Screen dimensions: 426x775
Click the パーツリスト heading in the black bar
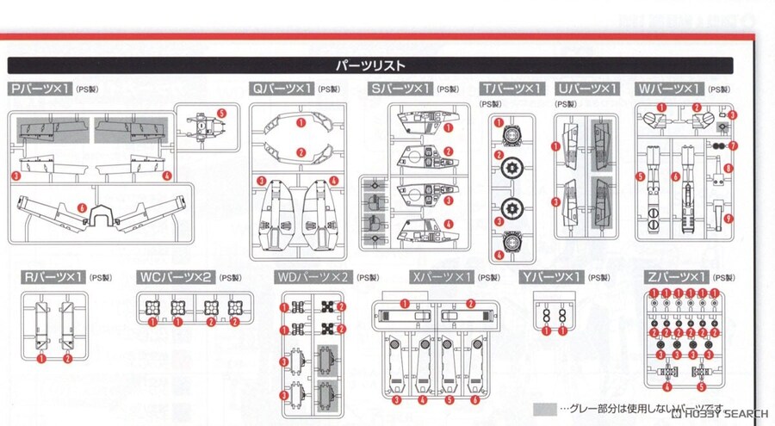coord(370,65)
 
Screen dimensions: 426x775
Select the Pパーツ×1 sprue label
coord(40,90)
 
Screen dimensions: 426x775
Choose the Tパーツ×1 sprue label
coord(512,90)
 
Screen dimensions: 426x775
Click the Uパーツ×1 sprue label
coord(587,90)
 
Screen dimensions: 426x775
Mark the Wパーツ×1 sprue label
coord(669,90)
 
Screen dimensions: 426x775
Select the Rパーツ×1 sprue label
coord(53,277)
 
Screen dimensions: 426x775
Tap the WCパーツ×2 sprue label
coord(175,277)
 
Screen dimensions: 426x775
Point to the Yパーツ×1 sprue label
coord(551,277)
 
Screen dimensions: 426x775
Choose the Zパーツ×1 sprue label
coord(677,277)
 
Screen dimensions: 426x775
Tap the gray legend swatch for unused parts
coord(544,408)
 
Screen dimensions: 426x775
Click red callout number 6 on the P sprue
coord(81,208)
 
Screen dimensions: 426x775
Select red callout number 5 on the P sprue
coord(221,113)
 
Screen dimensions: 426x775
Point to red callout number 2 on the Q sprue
coord(301,152)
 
